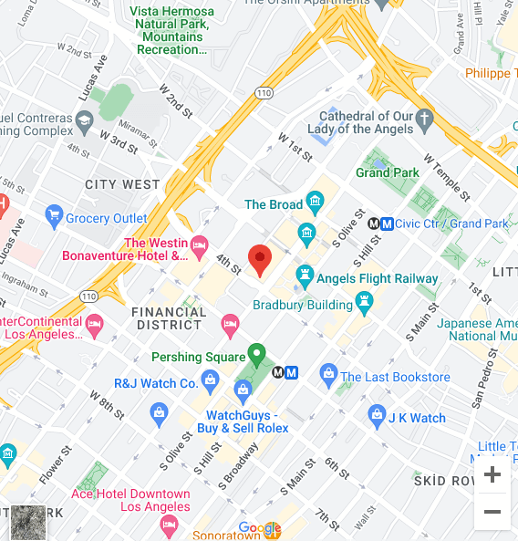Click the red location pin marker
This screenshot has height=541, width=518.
[260, 260]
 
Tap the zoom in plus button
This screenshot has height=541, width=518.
[492, 474]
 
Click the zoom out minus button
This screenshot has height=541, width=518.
[492, 512]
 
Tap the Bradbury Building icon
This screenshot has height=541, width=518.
[365, 300]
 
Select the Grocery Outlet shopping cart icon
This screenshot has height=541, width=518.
[53, 218]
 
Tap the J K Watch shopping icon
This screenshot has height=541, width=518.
[377, 417]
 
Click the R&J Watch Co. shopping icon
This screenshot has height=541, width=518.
[211, 379]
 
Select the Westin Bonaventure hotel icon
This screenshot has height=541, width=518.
[200, 244]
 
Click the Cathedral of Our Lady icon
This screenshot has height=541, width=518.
[423, 118]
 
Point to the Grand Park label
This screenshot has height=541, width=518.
[387, 172]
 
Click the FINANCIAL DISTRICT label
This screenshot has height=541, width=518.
[169, 317]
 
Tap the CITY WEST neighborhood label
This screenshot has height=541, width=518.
[122, 184]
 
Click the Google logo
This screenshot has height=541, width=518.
[260, 528]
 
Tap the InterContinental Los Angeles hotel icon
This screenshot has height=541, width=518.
[93, 322]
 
